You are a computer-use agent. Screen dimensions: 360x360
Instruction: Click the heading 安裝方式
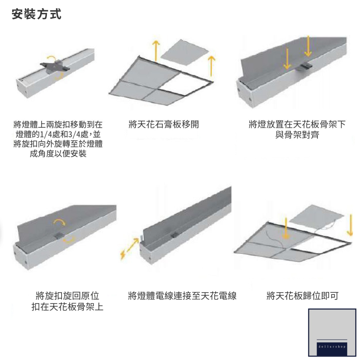(x=36, y=14)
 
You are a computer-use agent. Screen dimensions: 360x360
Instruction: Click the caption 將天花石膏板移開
(x=163, y=125)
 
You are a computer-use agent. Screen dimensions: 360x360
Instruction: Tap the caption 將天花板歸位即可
(x=302, y=296)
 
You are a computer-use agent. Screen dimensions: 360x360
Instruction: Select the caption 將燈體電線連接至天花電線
(x=182, y=296)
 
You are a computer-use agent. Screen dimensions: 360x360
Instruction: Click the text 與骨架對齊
(x=297, y=135)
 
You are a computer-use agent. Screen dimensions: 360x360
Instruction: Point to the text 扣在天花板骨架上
(x=67, y=307)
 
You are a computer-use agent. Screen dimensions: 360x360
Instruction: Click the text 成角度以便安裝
(x=58, y=154)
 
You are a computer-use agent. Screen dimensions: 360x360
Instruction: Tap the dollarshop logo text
(x=332, y=346)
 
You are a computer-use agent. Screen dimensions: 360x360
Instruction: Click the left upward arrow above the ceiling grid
(x=156, y=51)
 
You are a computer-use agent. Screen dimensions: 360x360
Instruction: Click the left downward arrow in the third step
(x=287, y=59)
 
